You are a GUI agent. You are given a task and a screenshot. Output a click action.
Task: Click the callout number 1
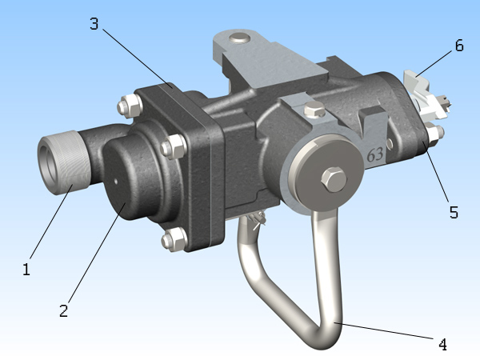click(26, 269)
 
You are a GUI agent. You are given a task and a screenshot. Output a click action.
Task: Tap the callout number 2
click(64, 310)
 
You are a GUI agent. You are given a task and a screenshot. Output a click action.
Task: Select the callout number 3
click(94, 23)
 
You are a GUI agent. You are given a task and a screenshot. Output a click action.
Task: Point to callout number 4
click(442, 345)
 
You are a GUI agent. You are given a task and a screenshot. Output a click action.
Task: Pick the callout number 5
click(454, 212)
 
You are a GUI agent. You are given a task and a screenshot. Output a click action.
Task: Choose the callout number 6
click(459, 46)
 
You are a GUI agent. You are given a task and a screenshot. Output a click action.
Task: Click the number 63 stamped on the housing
click(375, 154)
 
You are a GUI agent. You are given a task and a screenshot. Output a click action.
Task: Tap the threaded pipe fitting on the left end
click(64, 162)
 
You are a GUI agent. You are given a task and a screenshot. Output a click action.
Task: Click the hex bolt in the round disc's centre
click(334, 180)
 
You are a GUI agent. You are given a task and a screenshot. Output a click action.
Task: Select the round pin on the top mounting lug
click(240, 38)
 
